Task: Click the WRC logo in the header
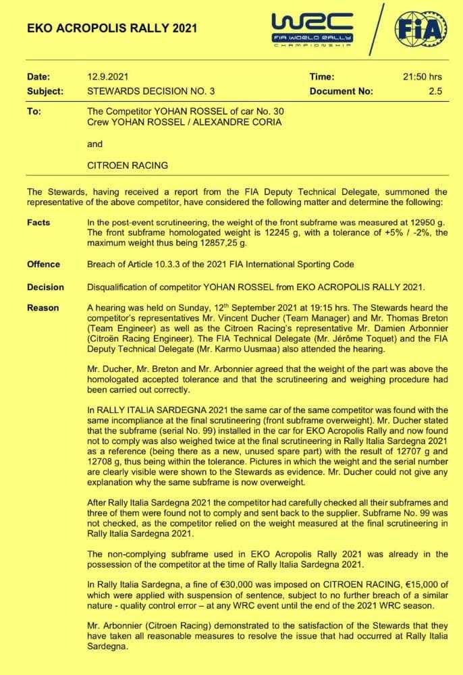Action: (x=312, y=28)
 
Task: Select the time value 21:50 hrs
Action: (x=423, y=77)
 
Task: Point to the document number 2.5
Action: (x=435, y=90)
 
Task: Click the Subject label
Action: (x=45, y=90)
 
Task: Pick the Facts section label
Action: (x=38, y=222)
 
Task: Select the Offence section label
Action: (x=43, y=264)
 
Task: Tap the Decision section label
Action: (x=45, y=287)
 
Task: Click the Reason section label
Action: (x=43, y=308)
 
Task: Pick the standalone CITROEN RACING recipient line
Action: (x=128, y=165)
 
